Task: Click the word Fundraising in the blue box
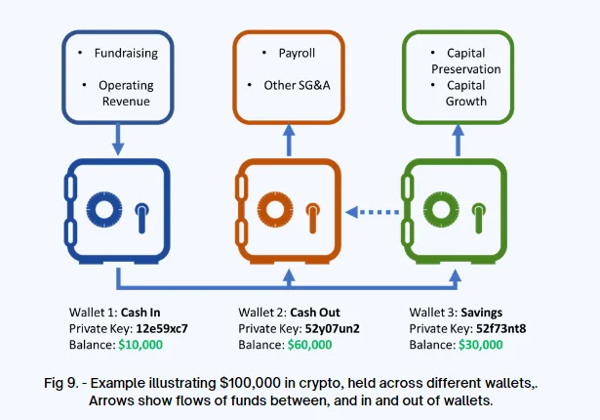126,54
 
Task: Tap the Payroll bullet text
297,54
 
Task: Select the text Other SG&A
297,85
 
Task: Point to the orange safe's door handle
312,218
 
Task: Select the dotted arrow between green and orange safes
372,212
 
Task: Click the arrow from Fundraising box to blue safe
118,139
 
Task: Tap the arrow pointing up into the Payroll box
289,140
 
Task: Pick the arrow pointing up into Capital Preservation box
458,140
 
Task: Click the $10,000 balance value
140,345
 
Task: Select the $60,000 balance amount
309,345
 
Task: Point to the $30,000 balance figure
481,345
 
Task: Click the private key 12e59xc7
162,329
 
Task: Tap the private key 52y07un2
332,329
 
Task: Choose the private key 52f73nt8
500,329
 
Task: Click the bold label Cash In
140,313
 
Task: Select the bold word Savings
481,313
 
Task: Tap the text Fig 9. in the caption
61,383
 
